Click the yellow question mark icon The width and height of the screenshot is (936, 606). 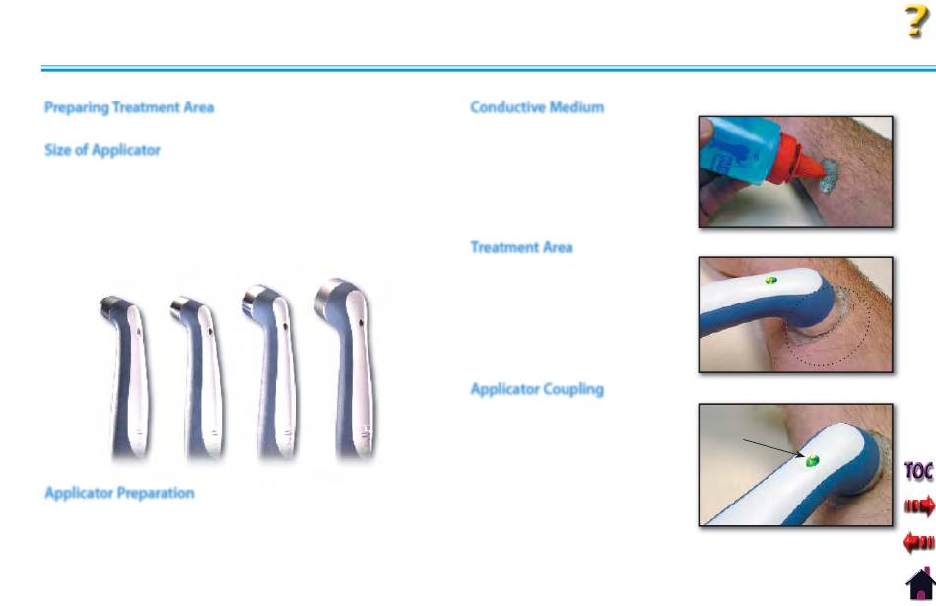pyautogui.click(x=916, y=22)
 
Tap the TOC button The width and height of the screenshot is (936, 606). pyautogui.click(x=918, y=471)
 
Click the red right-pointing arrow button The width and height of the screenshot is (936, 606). pyautogui.click(x=919, y=506)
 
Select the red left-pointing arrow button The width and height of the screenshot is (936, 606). pyautogui.click(x=919, y=542)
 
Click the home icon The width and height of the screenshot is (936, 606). pyautogui.click(x=921, y=584)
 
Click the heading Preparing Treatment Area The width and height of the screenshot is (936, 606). pyautogui.click(x=129, y=108)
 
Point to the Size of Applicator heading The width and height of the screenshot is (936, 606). pyautogui.click(x=102, y=150)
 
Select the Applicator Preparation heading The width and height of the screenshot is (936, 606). pyautogui.click(x=119, y=493)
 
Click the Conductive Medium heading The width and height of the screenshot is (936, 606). pyautogui.click(x=537, y=107)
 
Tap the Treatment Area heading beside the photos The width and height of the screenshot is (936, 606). pyautogui.click(x=521, y=247)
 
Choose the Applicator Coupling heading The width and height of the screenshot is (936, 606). pyautogui.click(x=537, y=389)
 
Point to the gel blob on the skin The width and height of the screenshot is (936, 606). pyautogui.click(x=830, y=175)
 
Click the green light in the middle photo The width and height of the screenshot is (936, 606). pyautogui.click(x=770, y=280)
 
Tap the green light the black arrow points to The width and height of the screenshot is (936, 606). pyautogui.click(x=811, y=461)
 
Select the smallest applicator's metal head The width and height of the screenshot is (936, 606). pyautogui.click(x=109, y=305)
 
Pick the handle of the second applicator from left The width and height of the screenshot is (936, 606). pyautogui.click(x=203, y=382)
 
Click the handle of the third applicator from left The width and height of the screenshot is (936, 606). pyautogui.click(x=277, y=382)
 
